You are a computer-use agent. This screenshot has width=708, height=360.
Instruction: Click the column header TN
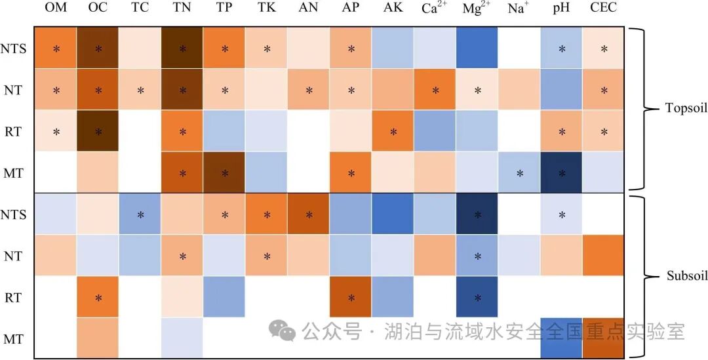tap(182, 8)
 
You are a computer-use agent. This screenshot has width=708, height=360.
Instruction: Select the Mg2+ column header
tap(477, 8)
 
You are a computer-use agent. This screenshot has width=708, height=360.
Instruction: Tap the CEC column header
tap(603, 8)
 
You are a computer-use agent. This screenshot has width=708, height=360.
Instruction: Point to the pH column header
tap(562, 8)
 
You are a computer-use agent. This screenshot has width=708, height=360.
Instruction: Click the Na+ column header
tap(519, 8)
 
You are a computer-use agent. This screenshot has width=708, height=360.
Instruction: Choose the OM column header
tap(56, 8)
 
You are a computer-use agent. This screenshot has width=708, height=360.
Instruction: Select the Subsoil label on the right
tap(686, 276)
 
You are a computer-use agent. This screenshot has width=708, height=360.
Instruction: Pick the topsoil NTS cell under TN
tap(182, 49)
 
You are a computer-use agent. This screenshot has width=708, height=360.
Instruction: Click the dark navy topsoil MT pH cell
tap(562, 173)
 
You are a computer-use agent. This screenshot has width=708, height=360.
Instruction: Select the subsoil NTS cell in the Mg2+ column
tap(477, 214)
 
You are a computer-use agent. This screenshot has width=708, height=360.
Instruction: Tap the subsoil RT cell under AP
tap(351, 298)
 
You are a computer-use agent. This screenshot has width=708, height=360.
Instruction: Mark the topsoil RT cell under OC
tap(98, 131)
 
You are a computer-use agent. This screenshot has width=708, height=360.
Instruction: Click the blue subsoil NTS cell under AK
tap(393, 214)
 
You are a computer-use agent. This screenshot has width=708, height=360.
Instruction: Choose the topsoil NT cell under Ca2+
tap(435, 90)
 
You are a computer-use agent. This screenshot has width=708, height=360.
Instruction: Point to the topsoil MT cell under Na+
tap(519, 173)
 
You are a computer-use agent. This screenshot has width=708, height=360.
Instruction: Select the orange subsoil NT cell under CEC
tap(603, 256)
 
